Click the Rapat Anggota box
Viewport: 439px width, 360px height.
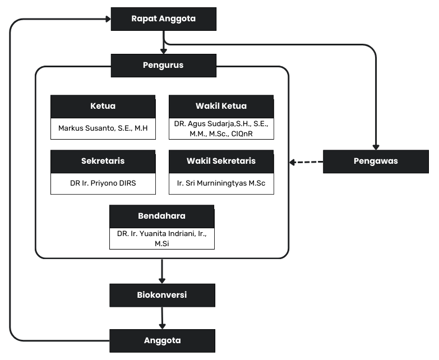(163, 19)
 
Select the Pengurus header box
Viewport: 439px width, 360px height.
(163, 65)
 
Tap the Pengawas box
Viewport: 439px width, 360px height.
(376, 161)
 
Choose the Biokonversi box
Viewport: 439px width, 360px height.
(162, 295)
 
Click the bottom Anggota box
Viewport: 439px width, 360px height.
(162, 340)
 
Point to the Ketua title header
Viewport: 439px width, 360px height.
(103, 107)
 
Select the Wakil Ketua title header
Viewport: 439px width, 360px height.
(221, 107)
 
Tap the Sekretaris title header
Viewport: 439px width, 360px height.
(103, 161)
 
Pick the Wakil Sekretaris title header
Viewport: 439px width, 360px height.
(221, 161)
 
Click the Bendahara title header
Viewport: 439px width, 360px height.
(162, 216)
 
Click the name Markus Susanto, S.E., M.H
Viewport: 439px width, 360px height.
(103, 128)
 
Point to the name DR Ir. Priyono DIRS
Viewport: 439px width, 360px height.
(103, 183)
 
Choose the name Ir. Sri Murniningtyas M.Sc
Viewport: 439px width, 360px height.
(221, 183)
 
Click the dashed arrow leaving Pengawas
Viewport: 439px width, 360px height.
(307, 162)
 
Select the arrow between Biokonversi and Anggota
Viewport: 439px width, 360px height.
(163, 318)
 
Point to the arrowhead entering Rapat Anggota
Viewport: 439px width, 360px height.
(106, 19)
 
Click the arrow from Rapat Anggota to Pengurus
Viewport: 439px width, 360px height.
(163, 42)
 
